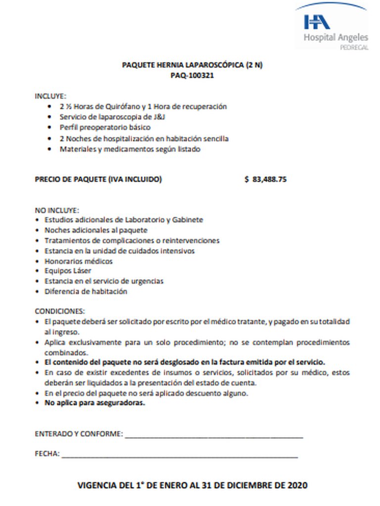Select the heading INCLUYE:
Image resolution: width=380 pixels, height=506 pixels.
(x=50, y=96)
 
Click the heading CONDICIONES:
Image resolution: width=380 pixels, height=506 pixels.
(x=60, y=311)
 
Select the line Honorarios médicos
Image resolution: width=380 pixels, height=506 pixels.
(x=79, y=261)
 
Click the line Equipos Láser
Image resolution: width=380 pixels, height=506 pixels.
(x=68, y=271)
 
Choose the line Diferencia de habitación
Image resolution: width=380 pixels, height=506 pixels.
(x=86, y=292)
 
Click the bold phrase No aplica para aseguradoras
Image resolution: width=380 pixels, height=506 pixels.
(x=95, y=403)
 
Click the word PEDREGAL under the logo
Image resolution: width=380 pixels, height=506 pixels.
(x=354, y=47)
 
